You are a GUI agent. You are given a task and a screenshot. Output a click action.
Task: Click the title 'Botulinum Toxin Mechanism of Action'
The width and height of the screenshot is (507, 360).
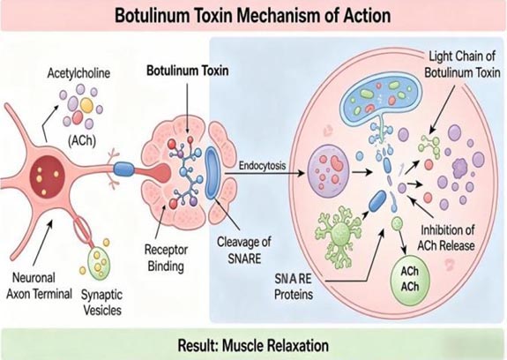click(253, 15)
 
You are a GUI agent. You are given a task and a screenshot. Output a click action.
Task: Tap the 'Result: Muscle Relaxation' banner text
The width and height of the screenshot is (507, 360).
click(253, 345)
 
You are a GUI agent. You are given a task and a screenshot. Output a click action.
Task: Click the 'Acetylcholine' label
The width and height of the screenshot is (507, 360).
click(78, 73)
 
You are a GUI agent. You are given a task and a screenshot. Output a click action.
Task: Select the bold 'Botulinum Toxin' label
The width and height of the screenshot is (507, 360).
click(188, 71)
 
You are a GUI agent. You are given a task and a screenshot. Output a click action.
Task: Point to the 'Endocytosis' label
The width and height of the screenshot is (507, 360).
click(262, 166)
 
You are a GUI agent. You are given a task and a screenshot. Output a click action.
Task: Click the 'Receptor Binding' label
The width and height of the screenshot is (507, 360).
click(166, 258)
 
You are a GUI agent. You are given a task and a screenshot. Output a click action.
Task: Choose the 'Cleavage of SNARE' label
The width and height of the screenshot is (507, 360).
click(244, 250)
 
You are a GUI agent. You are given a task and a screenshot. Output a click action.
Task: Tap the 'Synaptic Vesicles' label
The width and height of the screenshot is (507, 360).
click(102, 302)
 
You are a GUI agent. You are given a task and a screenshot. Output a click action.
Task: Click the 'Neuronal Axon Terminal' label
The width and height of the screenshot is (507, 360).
click(39, 286)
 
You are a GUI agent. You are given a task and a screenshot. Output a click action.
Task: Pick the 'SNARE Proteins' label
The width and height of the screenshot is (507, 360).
click(294, 286)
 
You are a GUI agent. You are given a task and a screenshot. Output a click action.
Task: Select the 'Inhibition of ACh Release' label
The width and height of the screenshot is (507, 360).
click(446, 237)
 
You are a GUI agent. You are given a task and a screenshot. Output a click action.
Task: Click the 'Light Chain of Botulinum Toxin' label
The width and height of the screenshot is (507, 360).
click(462, 64)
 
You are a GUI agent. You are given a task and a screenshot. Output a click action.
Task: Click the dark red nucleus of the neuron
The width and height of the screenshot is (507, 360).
click(48, 176)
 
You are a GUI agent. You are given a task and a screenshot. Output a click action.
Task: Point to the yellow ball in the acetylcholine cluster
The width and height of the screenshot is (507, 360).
click(86, 105)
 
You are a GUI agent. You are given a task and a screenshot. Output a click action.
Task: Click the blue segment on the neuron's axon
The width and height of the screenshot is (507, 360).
click(123, 169)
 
